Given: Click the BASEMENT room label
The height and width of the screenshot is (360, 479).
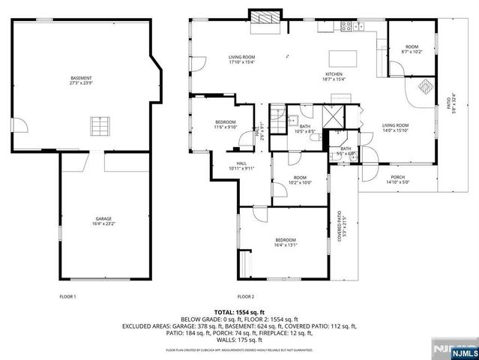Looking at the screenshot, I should [81, 81].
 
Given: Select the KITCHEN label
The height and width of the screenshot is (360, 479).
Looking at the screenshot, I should [334, 76].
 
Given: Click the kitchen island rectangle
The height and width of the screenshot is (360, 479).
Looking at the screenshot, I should [343, 58].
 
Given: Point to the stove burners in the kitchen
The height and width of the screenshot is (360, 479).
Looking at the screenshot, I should [348, 25].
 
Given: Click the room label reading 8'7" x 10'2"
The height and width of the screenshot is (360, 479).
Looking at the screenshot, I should [412, 49].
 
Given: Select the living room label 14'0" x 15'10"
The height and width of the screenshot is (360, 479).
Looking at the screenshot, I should [395, 128].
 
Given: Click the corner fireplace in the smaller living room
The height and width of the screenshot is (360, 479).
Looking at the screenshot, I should [424, 87].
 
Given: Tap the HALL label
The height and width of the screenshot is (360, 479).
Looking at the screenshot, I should [241, 166].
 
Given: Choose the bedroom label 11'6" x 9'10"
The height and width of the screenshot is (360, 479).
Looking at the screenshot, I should [226, 125].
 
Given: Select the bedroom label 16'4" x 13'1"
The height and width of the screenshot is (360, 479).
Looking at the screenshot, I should [286, 242].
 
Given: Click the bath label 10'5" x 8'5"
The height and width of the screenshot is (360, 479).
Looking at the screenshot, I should [305, 129].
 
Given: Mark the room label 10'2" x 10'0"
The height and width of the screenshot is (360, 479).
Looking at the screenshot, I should [300, 180].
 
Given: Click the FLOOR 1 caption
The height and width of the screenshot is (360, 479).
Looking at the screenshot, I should [67, 297].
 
